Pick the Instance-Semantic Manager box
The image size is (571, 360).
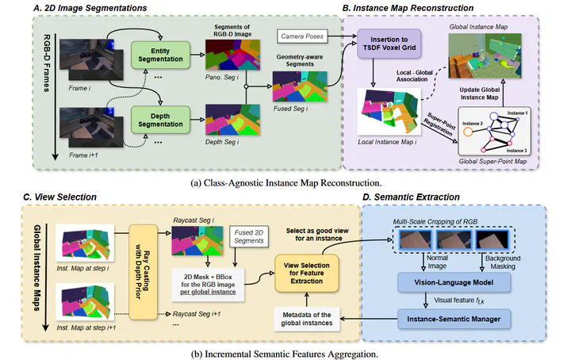point(453,320)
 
